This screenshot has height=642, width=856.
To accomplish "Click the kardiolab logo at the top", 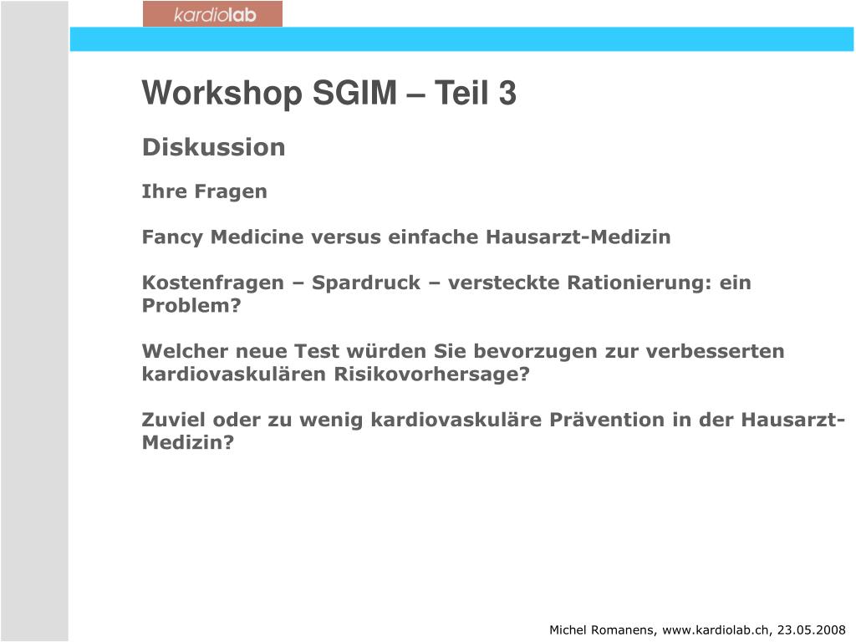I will coord(212,14).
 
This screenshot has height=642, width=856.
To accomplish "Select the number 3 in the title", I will coord(508,94).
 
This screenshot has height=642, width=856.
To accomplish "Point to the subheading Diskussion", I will coord(213,147).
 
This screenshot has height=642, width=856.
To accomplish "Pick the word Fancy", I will coord(172,237).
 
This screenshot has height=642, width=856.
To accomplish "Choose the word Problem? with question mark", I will coord(191,306).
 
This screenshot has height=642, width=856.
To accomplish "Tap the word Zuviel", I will coord(175,420).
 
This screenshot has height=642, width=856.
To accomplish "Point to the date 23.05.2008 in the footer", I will coord(812,629).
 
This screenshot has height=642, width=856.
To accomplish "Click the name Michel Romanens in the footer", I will coord(602,629).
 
